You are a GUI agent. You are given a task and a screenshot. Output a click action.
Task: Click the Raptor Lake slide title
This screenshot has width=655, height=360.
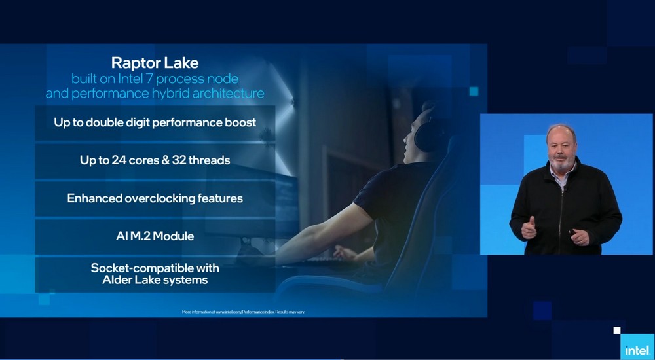point(155,63)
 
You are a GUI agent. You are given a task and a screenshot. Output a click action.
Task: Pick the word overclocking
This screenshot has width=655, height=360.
point(162,198)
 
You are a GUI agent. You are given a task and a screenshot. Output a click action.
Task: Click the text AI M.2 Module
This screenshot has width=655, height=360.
point(155,236)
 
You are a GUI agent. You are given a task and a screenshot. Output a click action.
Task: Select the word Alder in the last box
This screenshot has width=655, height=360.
point(118,280)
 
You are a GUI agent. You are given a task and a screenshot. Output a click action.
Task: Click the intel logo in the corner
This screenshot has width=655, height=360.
point(637,350)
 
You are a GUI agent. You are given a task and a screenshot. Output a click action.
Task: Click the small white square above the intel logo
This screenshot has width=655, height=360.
point(616,331)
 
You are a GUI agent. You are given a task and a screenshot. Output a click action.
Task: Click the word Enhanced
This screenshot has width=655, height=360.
point(94,198)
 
